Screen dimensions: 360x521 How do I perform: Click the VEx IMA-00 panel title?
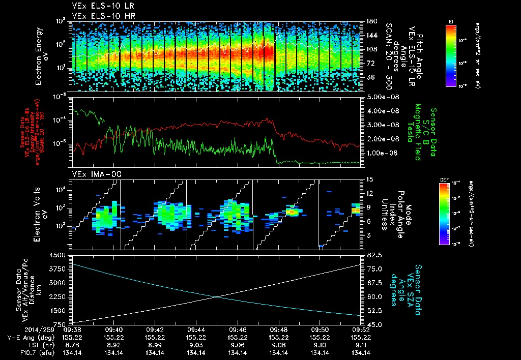pyautogui.click(x=92, y=174)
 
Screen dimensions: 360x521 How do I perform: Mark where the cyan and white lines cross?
pyautogui.click(x=217, y=297)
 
